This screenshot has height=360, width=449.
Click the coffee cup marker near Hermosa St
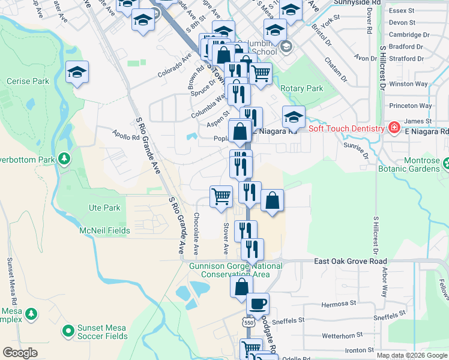pyautogui.click(x=258, y=304)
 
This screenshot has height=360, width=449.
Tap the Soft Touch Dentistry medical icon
pyautogui.click(x=394, y=128)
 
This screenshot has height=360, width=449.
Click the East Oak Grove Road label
pyautogui.click(x=351, y=262)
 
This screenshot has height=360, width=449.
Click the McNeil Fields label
pyautogui.click(x=105, y=230)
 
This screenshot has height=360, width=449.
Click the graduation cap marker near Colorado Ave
pyautogui.click(x=77, y=72)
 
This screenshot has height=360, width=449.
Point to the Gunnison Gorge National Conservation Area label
pyautogui.click(x=235, y=270)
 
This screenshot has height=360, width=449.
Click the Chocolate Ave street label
pyautogui.click(x=196, y=233)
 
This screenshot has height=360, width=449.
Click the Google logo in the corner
pyautogui.click(x=20, y=353)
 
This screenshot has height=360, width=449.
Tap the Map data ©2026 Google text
pyautogui.click(x=411, y=355)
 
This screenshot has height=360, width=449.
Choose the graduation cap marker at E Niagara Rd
pyautogui.click(x=294, y=117)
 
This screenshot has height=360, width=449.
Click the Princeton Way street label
pyautogui.click(x=411, y=106)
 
